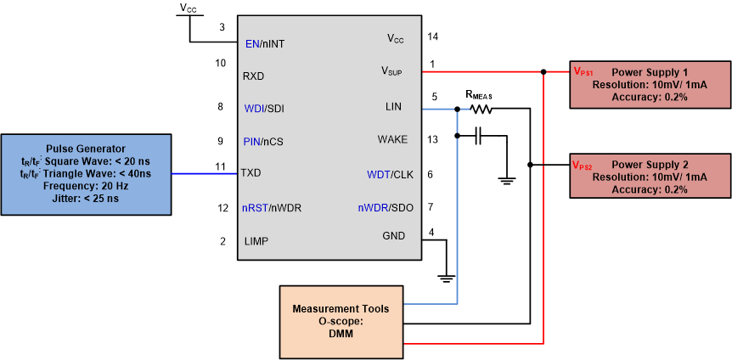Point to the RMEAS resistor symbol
[x=481, y=109]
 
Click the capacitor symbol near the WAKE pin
[x=480, y=135]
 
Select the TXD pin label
[x=251, y=172]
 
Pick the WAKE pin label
[x=392, y=139]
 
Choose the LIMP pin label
[x=256, y=242]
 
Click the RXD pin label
[x=253, y=76]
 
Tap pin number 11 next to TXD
[x=221, y=166]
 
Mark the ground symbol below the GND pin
[x=444, y=277]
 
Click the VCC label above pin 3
[x=189, y=8]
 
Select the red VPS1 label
[x=583, y=73]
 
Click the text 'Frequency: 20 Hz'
[x=87, y=186]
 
